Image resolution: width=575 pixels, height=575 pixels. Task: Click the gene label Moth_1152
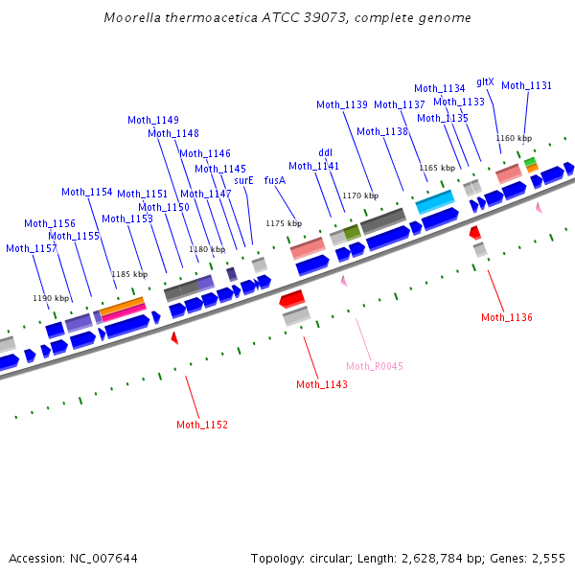(202, 425)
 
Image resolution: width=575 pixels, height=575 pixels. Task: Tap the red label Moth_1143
(322, 384)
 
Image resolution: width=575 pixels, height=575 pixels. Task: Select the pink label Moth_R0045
(375, 366)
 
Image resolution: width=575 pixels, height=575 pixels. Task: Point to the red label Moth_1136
(507, 317)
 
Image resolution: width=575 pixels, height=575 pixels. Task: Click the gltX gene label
(485, 81)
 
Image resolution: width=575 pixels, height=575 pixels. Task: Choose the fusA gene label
(275, 180)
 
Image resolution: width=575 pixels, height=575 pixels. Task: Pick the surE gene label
(244, 180)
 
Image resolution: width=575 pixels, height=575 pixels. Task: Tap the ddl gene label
(326, 152)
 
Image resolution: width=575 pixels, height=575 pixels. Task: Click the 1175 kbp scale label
(284, 223)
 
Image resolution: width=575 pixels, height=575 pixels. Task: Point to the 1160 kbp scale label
(514, 138)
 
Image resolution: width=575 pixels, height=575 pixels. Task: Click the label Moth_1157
(32, 248)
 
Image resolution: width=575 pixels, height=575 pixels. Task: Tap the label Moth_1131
(527, 85)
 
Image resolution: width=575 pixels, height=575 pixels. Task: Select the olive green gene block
(353, 232)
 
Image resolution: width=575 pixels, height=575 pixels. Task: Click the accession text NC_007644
(103, 558)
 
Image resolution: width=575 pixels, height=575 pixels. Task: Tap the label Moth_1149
(153, 120)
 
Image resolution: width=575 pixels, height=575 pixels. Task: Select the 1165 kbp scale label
(436, 168)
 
